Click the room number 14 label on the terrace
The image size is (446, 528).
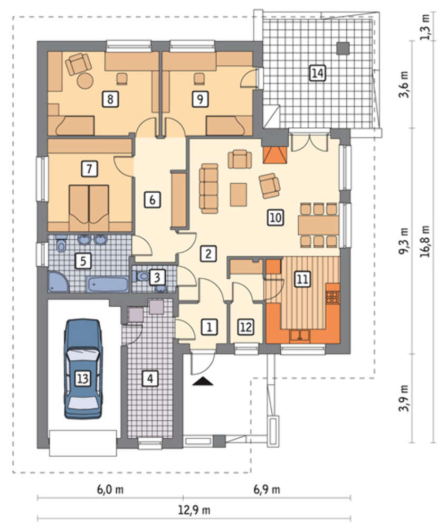(x=318, y=73)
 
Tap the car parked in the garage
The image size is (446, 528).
(x=83, y=369)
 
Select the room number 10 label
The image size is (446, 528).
(x=276, y=217)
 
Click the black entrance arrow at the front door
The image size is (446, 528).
(x=204, y=381)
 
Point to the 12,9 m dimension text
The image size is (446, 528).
(x=194, y=510)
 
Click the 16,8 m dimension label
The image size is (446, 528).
(x=426, y=241)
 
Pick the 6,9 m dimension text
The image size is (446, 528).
(x=267, y=489)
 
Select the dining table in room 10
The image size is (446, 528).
(x=318, y=224)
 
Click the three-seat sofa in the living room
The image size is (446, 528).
(x=208, y=188)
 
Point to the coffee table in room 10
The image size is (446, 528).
(x=239, y=194)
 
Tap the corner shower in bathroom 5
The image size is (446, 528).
(x=58, y=281)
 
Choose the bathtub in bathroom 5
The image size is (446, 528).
(x=108, y=285)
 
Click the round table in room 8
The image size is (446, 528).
(x=84, y=80)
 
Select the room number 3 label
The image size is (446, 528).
(x=157, y=277)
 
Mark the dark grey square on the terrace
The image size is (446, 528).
(x=344, y=48)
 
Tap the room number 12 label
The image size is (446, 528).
(x=246, y=327)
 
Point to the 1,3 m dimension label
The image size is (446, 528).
(x=425, y=27)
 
